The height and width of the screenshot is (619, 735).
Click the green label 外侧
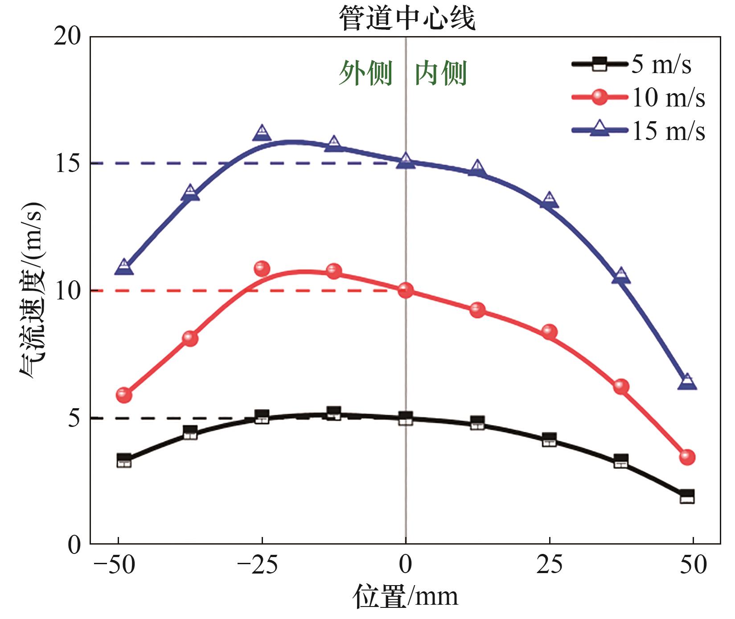point(365,73)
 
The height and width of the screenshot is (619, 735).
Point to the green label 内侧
point(441,73)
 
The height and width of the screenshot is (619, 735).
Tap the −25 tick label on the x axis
point(258,565)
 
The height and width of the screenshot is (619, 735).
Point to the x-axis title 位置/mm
point(406,597)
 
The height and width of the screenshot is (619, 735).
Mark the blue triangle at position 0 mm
point(406,160)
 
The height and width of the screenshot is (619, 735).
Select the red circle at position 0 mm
point(406,291)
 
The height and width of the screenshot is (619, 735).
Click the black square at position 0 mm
point(406,418)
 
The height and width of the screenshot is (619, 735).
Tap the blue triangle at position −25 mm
point(262,132)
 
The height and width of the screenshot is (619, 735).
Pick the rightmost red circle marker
point(687,457)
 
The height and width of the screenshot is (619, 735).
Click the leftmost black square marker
point(124,460)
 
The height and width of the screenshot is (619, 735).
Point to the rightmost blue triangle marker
point(687,382)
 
